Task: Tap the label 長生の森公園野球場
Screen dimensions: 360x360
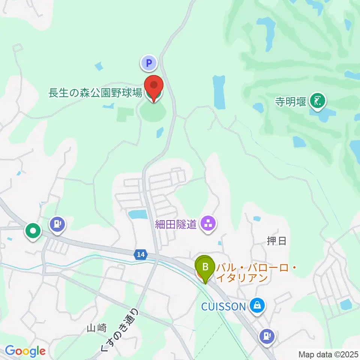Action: click(95, 93)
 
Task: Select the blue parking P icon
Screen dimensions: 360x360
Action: click(149, 63)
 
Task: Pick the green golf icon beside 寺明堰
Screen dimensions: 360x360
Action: click(318, 101)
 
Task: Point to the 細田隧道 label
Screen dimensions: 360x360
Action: click(176, 225)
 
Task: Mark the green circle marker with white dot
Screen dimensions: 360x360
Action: click(33, 231)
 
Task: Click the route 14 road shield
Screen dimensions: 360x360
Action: click(140, 255)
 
